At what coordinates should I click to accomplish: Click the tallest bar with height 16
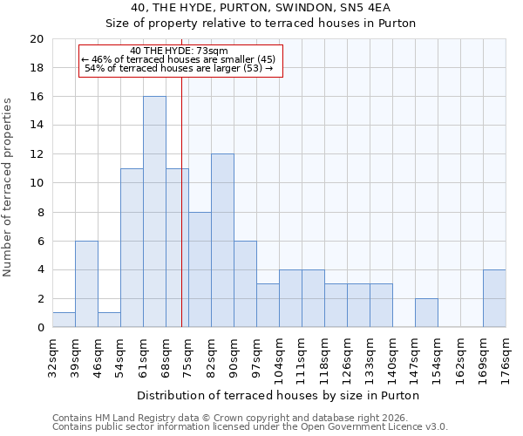(x=154, y=212)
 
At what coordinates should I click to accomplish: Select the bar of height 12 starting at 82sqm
(x=222, y=241)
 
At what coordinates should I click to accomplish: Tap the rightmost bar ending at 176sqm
(x=494, y=298)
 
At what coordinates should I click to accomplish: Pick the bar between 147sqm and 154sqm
(x=426, y=313)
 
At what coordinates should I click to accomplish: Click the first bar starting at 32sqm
(x=64, y=320)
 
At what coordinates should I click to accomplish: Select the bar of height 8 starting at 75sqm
(x=200, y=269)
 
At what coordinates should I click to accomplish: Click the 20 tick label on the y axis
(x=36, y=39)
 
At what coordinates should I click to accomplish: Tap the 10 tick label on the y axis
(x=36, y=183)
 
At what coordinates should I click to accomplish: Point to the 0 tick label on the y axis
(x=39, y=328)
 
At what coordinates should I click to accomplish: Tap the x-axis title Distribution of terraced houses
(x=278, y=395)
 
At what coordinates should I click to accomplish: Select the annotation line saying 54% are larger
(x=179, y=68)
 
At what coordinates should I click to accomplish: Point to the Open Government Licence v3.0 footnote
(x=250, y=427)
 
